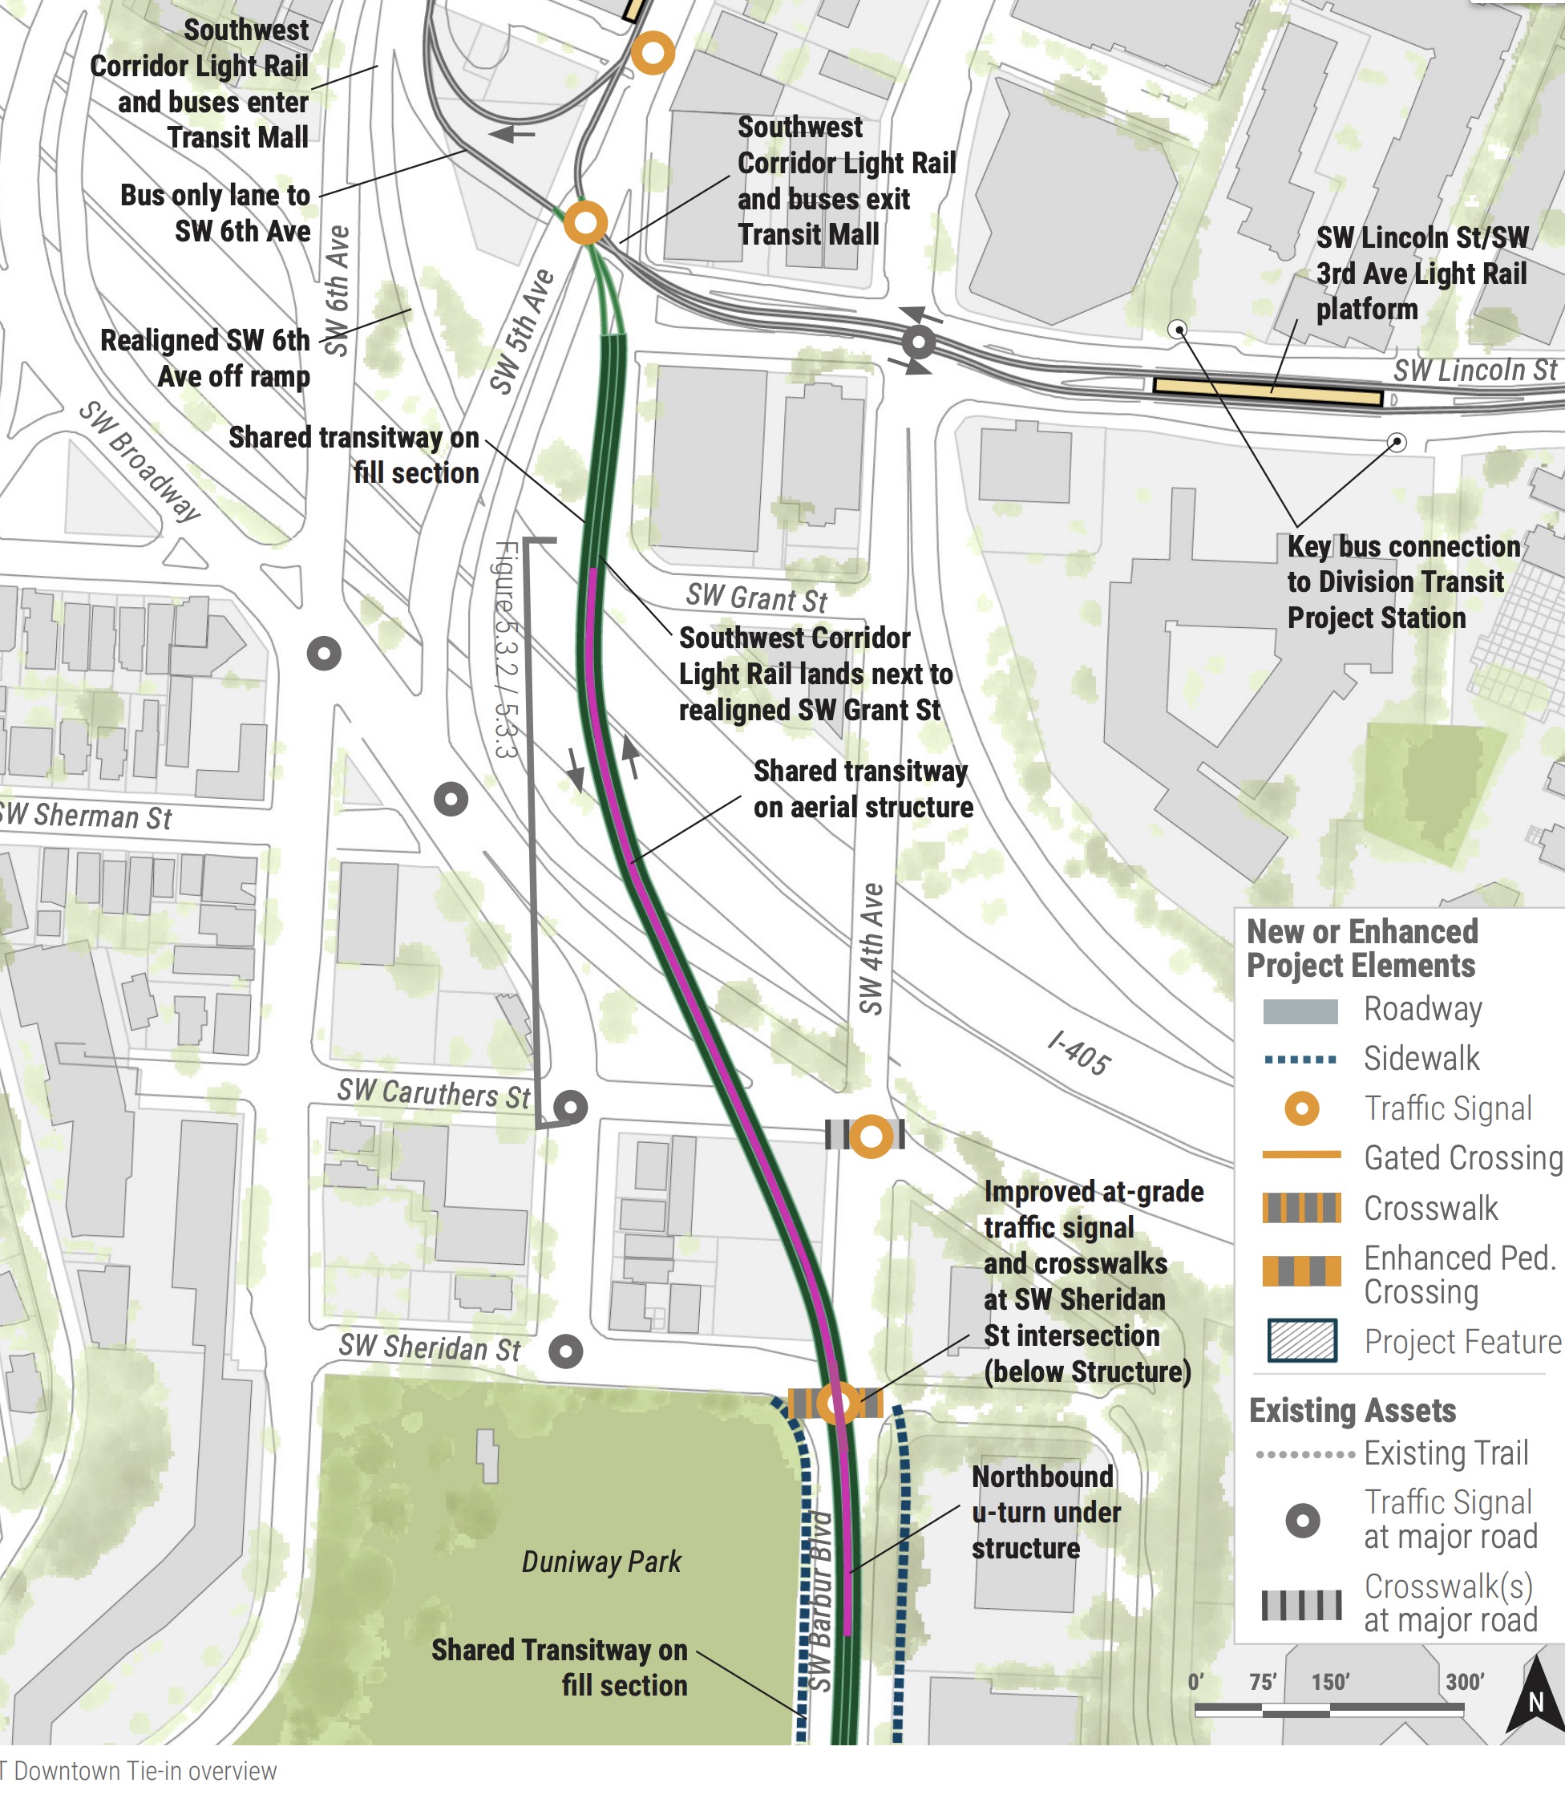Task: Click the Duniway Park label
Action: pos(601,1561)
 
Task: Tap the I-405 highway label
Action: pos(1079,1052)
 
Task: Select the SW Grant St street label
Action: pos(755,598)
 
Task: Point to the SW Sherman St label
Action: pos(86,816)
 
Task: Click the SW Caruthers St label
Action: pos(433,1092)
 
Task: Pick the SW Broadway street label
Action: pos(140,460)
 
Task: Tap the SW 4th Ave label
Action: pos(871,949)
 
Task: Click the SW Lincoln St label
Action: pos(1474,371)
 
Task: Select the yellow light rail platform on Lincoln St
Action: pos(1268,391)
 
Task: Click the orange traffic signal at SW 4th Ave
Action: pos(871,1137)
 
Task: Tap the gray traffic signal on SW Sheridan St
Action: pos(566,1351)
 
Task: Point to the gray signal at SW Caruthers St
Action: pos(570,1108)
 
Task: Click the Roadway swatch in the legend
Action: pos(1300,1011)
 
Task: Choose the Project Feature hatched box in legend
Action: pos(1301,1341)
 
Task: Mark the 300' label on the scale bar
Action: pos(1465,1681)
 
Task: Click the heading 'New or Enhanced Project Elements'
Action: pos(1361,949)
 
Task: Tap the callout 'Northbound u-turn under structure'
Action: pos(1045,1512)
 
